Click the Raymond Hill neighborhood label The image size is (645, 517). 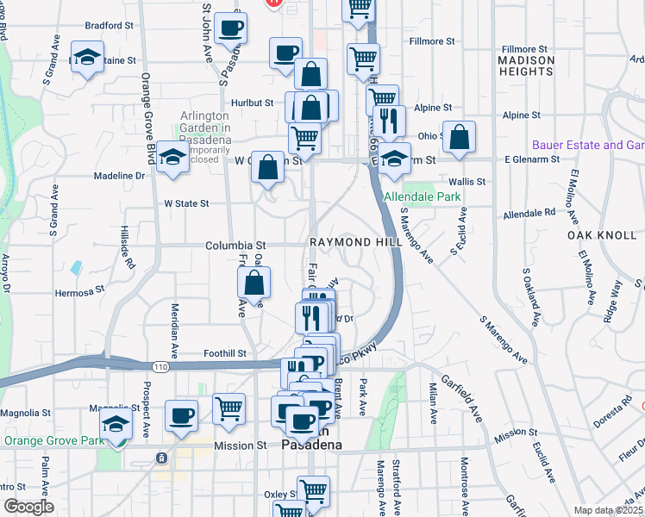[356, 243]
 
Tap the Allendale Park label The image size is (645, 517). [423, 196]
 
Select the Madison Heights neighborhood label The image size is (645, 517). [526, 65]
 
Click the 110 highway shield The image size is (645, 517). [161, 366]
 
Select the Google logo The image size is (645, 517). [28, 506]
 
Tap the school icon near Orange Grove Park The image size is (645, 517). [116, 423]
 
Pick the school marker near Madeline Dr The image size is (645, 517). [173, 158]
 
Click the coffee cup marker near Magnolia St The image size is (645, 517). [181, 414]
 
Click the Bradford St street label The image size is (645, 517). [110, 26]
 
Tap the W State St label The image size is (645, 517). [186, 203]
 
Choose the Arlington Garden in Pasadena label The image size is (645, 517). [205, 128]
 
